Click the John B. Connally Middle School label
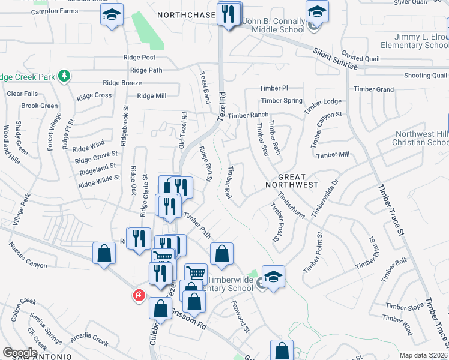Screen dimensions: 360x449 pos(274,26)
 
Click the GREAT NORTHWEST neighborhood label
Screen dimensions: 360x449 pos(291,181)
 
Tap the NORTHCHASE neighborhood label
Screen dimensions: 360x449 pos(186,14)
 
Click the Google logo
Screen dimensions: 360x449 pos(20,353)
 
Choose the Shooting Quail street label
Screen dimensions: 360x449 pos(425,76)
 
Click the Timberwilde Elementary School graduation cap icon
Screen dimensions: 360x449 pos(273,277)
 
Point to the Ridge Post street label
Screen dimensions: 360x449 pos(139,58)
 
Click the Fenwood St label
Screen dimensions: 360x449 pos(240,316)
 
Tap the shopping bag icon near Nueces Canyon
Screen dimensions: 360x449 pos(104,253)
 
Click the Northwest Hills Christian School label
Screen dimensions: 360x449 pos(420,139)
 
